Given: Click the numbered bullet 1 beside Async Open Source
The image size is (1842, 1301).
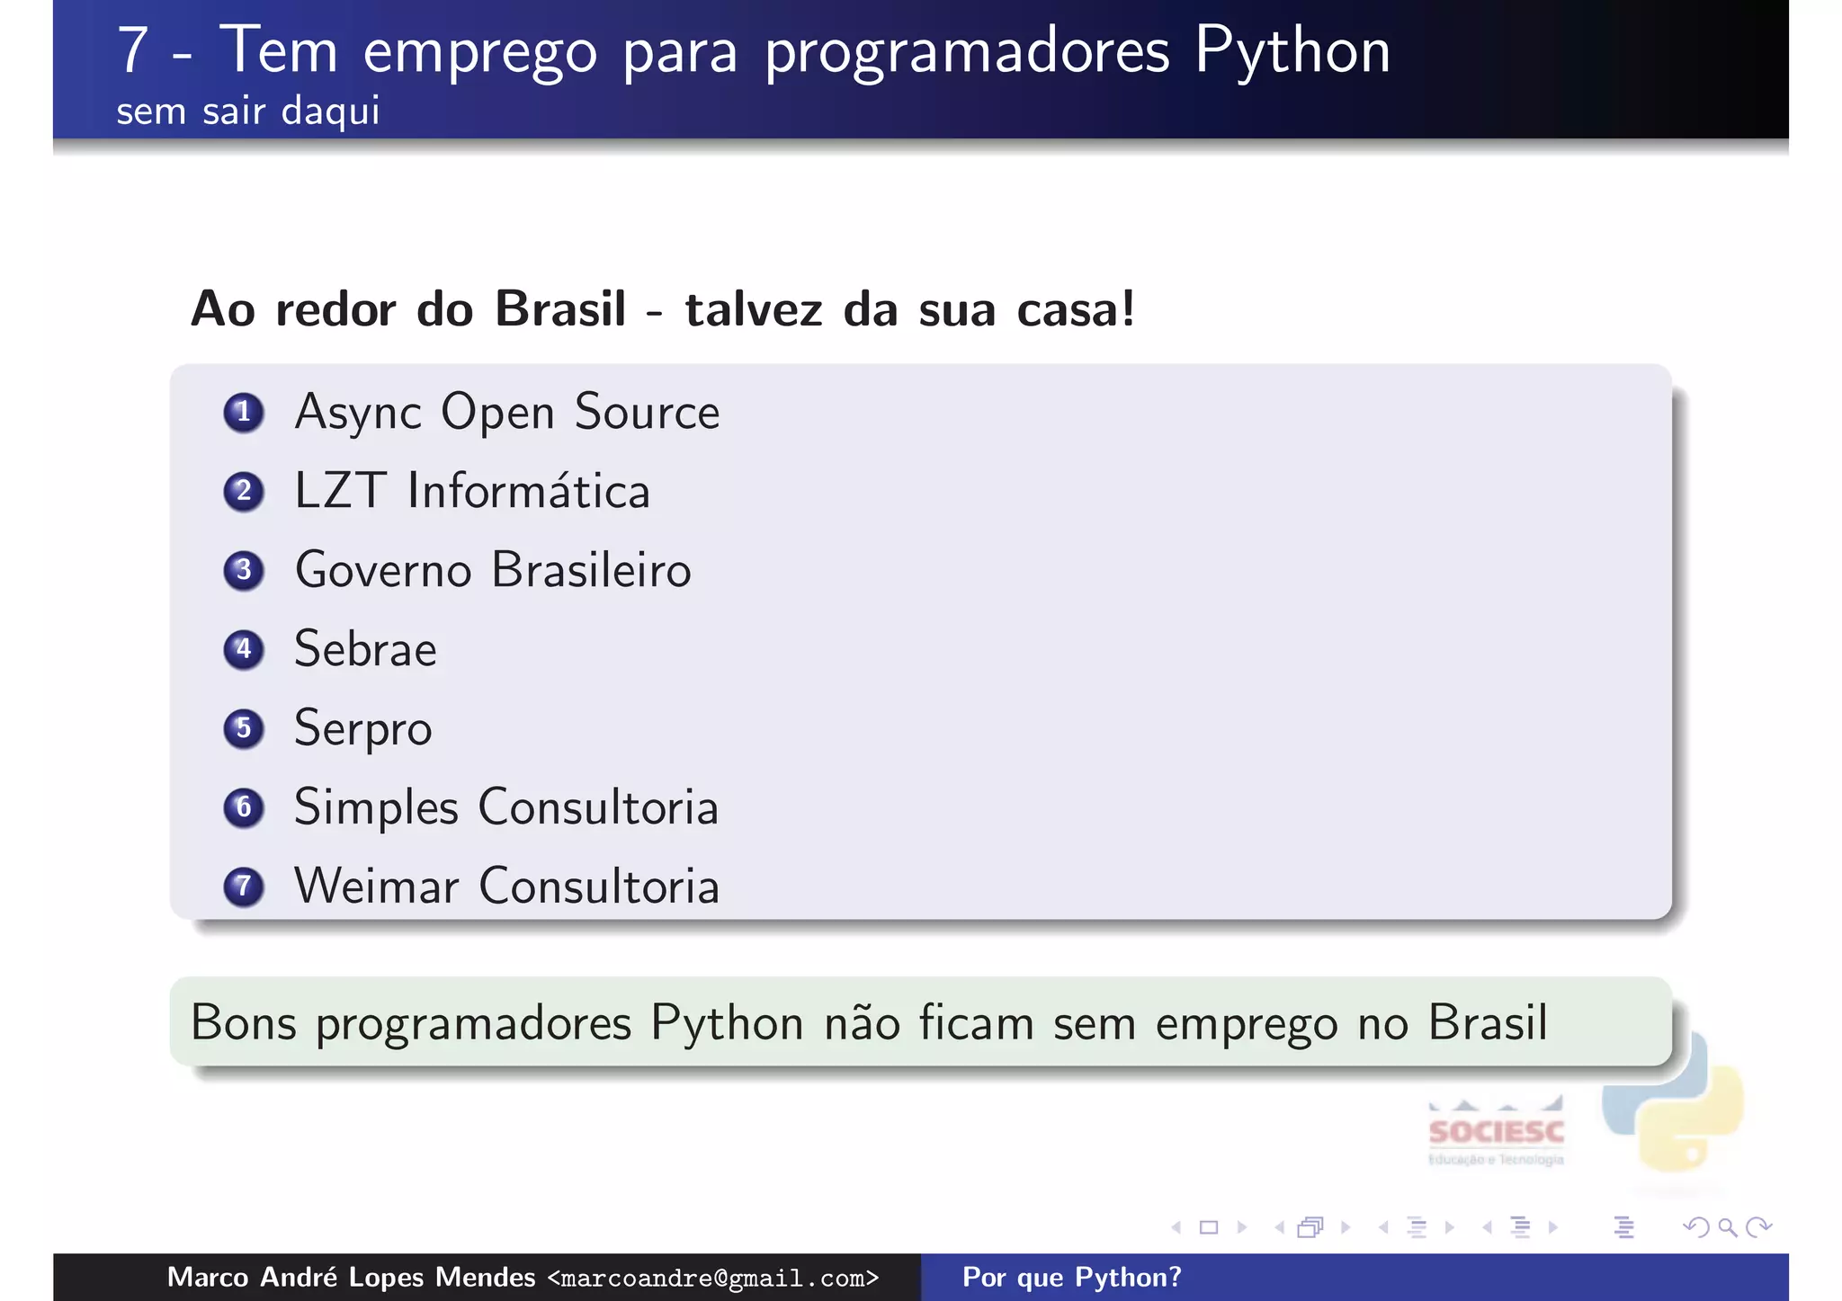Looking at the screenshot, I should tap(243, 413).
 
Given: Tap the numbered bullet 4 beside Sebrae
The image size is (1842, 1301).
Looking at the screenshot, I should tap(243, 649).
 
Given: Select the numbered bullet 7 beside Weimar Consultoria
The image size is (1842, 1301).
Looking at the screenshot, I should tap(243, 887).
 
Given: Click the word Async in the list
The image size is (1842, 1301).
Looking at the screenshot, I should tap(357, 413).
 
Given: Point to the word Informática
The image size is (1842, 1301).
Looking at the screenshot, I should tap(528, 492).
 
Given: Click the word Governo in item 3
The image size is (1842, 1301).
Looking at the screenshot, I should tap(383, 571).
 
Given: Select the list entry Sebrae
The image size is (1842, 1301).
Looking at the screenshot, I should tap(365, 649).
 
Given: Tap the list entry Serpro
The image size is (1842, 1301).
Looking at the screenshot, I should tap(362, 728).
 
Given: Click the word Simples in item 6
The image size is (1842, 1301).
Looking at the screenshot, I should tap(376, 807).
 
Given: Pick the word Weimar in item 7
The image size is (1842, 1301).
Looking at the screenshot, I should tap(377, 887).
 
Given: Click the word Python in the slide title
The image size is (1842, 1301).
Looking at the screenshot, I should tap(1292, 52).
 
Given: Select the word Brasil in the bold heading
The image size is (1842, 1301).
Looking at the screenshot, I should tap(560, 309).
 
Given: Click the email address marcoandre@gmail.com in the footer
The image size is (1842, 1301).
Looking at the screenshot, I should tap(712, 1279).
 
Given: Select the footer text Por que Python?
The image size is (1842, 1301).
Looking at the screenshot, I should tap(1071, 1278).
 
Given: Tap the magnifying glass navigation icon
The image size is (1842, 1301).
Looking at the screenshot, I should tap(1727, 1227).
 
